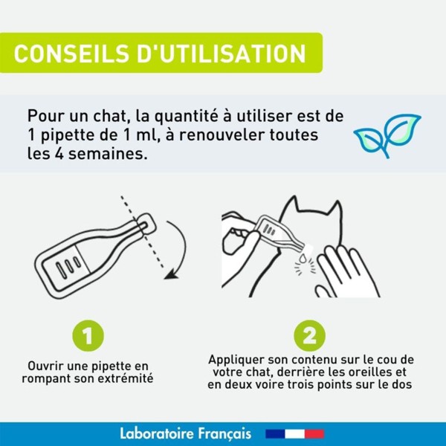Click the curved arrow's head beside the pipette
173,274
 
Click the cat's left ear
297,210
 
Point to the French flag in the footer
295,433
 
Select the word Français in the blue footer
227,433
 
